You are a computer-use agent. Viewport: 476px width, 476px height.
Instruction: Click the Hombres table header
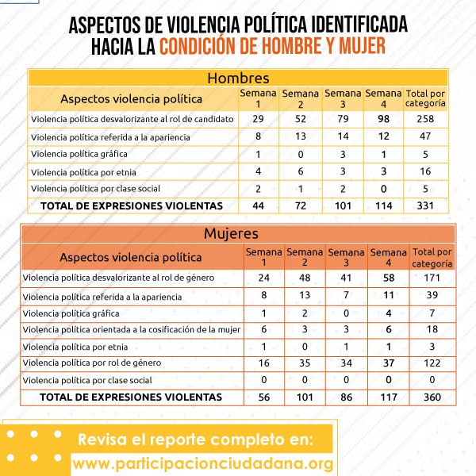click(238, 78)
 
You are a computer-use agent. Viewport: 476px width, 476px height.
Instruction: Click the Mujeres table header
click(238, 234)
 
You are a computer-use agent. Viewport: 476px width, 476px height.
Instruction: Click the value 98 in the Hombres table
click(385, 118)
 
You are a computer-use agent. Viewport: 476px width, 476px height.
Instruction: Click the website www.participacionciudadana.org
click(202, 463)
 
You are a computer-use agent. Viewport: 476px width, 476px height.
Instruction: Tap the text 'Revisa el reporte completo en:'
click(195, 440)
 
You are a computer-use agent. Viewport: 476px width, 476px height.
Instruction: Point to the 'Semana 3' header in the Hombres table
click(342, 98)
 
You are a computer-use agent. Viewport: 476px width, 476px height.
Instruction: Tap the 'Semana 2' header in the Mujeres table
click(304, 257)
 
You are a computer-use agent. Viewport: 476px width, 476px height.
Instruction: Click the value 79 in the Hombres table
click(342, 118)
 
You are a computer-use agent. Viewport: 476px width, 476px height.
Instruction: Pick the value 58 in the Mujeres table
click(388, 278)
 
